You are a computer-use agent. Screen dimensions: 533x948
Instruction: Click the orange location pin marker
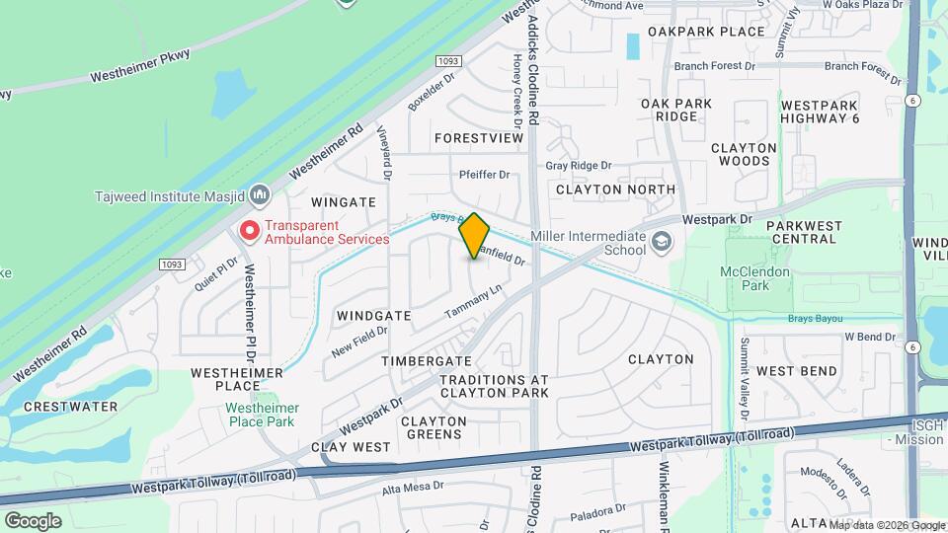tap(475, 236)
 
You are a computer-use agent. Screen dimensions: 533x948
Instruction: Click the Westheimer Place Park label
tap(260, 415)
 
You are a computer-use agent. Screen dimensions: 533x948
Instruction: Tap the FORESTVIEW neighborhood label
tap(478, 138)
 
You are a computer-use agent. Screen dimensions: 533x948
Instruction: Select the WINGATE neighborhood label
tap(344, 201)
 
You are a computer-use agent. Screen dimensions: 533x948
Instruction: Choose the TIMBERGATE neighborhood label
tap(427, 362)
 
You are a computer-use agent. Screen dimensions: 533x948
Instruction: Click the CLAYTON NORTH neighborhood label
tap(615, 189)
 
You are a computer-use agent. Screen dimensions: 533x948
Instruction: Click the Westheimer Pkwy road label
tap(138, 67)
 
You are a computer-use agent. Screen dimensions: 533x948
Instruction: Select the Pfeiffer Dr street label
tap(484, 175)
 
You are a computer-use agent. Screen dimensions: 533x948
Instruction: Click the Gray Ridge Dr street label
tap(579, 166)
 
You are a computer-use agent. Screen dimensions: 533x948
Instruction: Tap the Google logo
tap(33, 521)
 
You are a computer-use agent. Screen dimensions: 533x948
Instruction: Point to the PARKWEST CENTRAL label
tap(803, 232)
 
